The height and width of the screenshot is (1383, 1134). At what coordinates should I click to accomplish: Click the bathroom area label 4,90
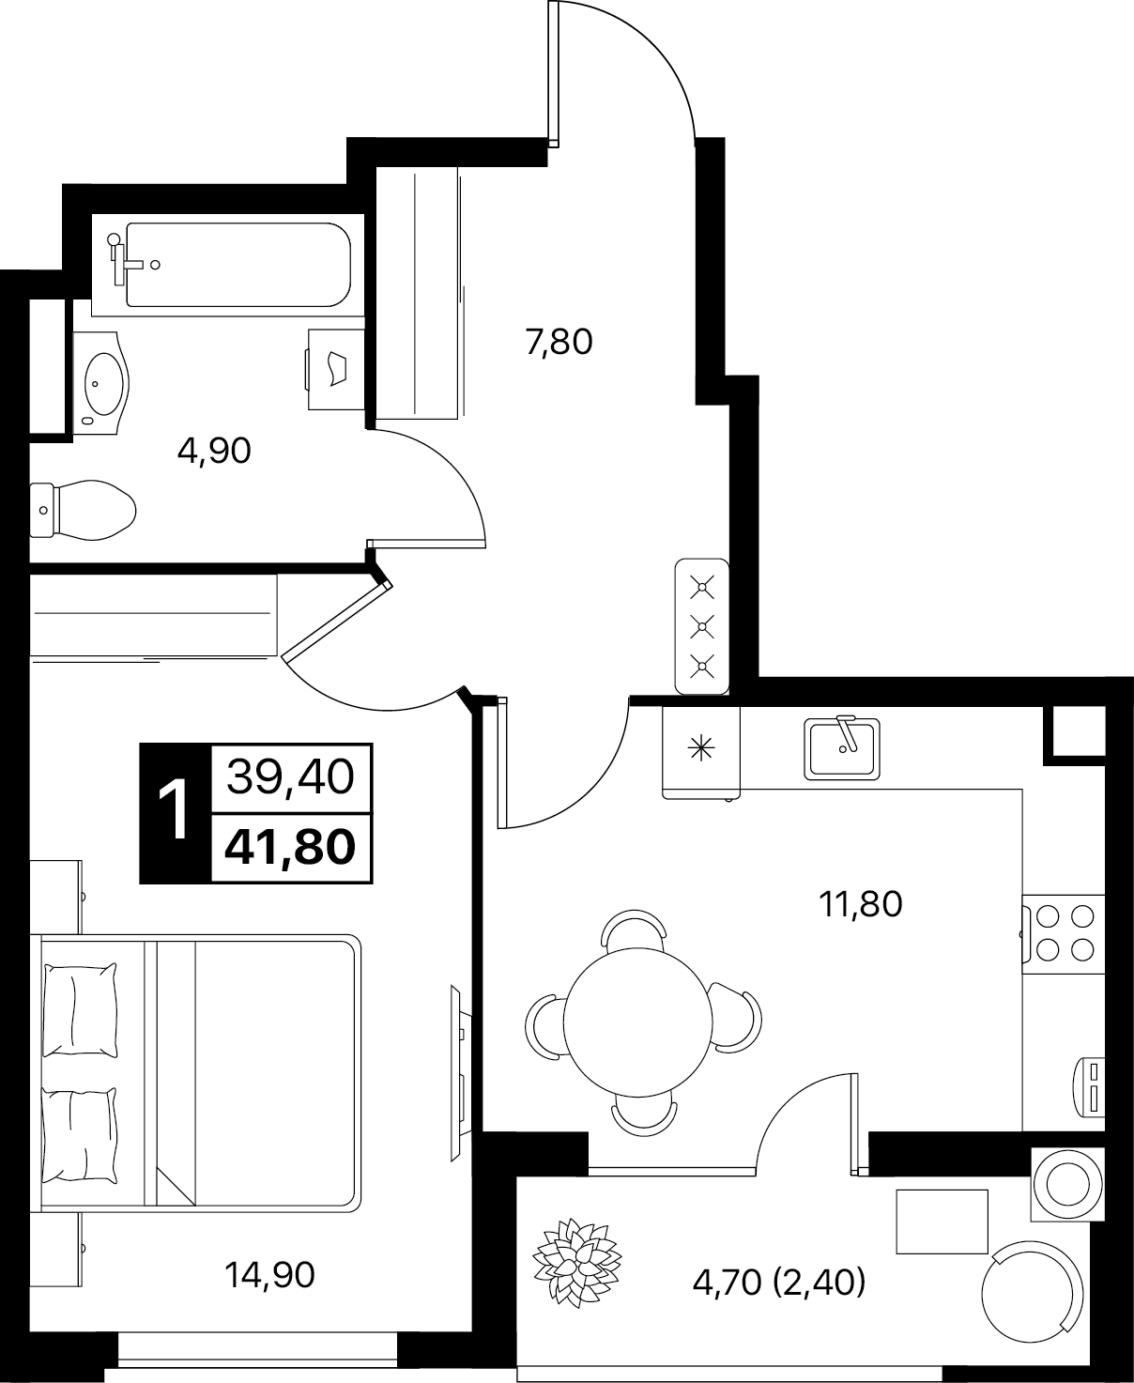[214, 452]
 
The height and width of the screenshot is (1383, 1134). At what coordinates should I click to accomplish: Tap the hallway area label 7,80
[559, 342]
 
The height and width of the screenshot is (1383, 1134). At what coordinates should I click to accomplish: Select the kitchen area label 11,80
[861, 904]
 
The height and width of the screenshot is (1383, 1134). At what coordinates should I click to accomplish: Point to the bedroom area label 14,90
[269, 1275]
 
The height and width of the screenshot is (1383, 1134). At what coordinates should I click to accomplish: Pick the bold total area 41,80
[290, 847]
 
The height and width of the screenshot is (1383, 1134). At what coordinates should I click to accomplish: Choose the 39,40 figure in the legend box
[290, 777]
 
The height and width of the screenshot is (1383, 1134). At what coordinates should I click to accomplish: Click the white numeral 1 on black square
[175, 812]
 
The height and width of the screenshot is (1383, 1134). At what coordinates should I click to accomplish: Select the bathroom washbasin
[101, 384]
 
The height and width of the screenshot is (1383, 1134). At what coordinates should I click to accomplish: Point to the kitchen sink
[842, 748]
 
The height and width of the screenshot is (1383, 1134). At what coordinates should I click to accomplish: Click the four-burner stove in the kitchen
[1064, 934]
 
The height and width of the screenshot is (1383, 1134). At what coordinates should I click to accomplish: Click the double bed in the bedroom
[195, 1073]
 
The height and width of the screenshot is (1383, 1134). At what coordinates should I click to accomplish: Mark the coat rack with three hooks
[702, 626]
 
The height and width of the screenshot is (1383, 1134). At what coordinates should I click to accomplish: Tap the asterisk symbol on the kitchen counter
[701, 748]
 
